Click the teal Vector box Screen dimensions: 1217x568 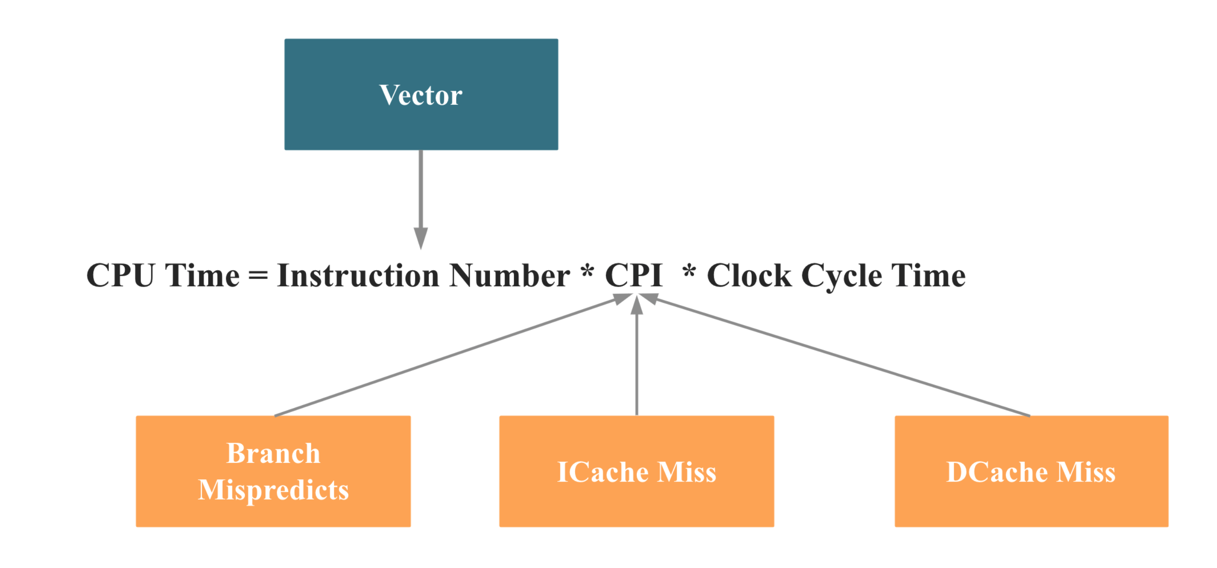(x=421, y=94)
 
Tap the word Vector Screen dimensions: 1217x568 (x=421, y=95)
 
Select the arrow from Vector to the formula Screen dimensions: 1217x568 (x=421, y=200)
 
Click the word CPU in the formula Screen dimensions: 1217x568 (x=121, y=275)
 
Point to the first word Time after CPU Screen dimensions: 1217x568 (x=202, y=275)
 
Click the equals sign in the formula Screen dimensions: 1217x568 (x=258, y=276)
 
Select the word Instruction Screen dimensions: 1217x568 (x=358, y=275)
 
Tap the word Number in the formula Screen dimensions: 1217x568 (x=510, y=275)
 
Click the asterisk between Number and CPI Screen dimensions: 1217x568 (x=587, y=272)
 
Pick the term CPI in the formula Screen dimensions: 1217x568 (x=634, y=275)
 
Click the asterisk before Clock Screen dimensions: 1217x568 (x=689, y=272)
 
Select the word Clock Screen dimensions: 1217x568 (x=749, y=275)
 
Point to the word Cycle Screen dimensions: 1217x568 (x=841, y=278)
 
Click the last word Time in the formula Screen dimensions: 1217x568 (x=928, y=275)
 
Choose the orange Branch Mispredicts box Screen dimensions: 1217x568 (x=274, y=471)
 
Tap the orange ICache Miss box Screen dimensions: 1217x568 (x=637, y=471)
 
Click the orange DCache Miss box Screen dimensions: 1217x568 (x=1032, y=471)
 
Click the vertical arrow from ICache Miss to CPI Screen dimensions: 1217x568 (x=637, y=355)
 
